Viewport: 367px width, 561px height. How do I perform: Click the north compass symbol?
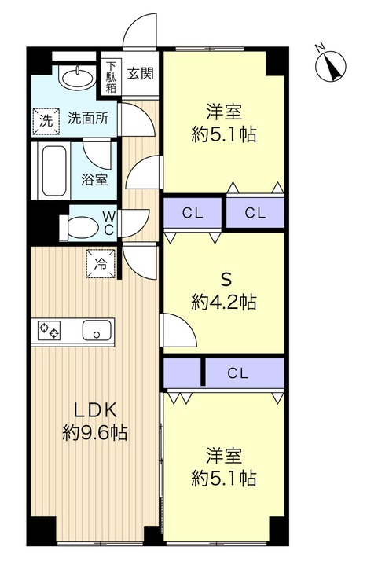click(331, 67)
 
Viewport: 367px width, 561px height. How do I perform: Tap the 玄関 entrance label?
click(141, 73)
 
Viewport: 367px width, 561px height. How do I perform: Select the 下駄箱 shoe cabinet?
click(111, 76)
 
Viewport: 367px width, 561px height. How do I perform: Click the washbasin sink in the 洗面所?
click(76, 76)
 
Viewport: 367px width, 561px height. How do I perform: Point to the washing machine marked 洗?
click(46, 121)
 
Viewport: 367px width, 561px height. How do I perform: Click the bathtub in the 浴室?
click(54, 170)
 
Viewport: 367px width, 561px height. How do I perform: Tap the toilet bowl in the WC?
click(80, 226)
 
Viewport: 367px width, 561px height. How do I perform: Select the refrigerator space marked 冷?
click(101, 263)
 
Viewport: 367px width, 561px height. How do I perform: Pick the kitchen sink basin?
click(97, 330)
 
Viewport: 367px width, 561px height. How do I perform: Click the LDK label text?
click(95, 410)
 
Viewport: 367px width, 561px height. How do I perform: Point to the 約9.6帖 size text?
click(95, 433)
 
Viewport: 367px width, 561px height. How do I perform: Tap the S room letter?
click(226, 280)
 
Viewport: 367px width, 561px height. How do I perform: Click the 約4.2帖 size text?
click(223, 302)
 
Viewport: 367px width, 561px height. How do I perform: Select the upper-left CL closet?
click(193, 213)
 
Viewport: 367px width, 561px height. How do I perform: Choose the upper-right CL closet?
click(255, 213)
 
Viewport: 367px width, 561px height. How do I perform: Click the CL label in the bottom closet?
click(238, 373)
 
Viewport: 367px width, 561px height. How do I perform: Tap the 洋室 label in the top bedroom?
click(223, 112)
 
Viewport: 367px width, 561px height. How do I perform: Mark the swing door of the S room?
click(179, 329)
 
